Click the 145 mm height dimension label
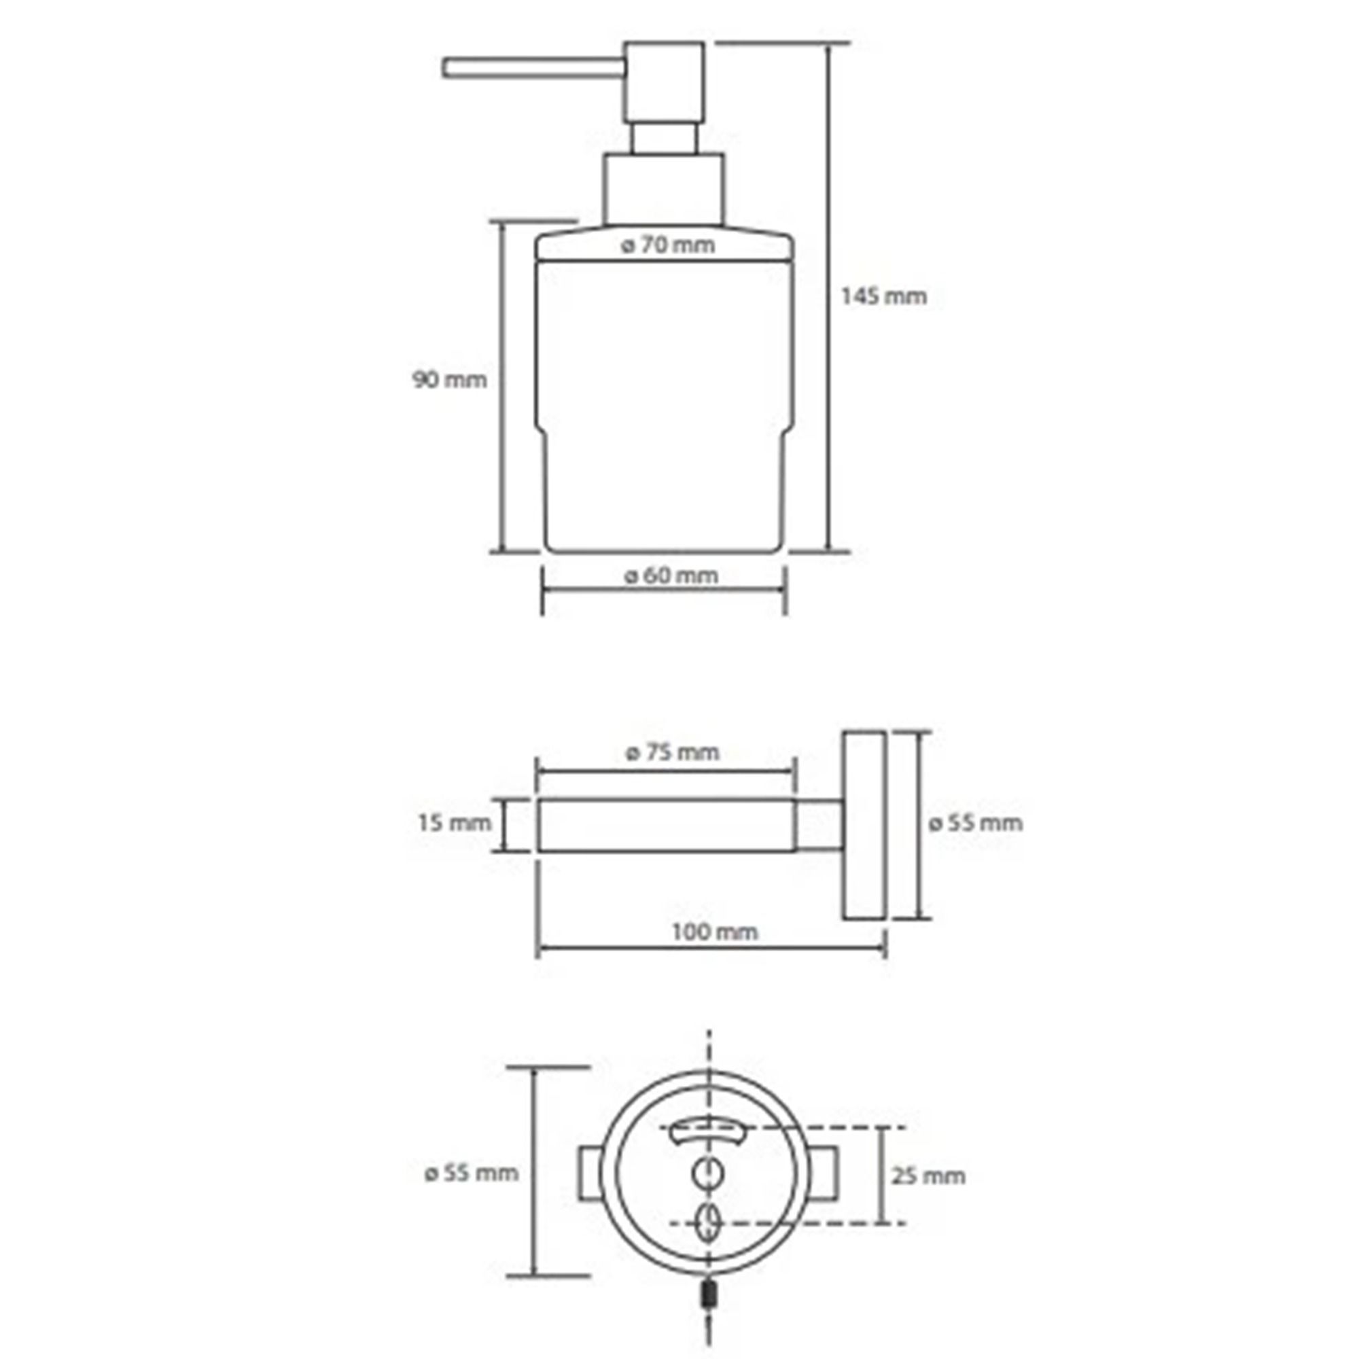(883, 296)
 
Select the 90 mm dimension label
(449, 380)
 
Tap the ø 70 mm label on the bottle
(667, 245)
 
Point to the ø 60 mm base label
(671, 576)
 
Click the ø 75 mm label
(673, 752)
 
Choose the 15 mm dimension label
(455, 822)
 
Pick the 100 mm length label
(715, 932)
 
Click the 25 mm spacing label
(928, 1176)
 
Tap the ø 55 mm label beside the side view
(975, 822)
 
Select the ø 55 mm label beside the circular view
(472, 1173)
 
